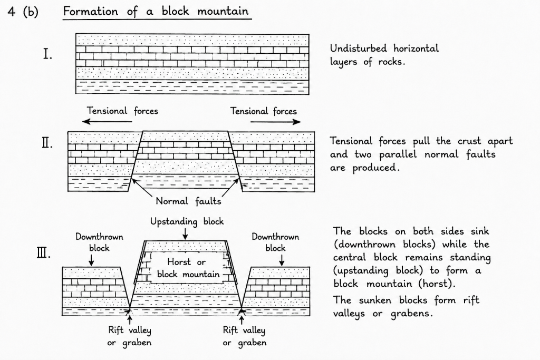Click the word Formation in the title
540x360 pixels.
point(91,11)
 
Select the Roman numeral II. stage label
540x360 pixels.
point(47,142)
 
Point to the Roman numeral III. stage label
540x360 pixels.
point(44,254)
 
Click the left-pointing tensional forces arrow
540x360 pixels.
point(108,121)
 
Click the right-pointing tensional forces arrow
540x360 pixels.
point(275,121)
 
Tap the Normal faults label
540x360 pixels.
point(188,201)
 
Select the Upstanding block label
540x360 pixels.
point(187,221)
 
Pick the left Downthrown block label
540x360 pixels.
point(99,242)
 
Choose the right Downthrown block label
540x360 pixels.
point(275,242)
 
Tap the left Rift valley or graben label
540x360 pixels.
point(130,336)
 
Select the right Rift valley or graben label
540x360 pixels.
point(244,336)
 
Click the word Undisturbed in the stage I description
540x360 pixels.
point(358,48)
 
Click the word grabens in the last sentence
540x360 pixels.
point(411,314)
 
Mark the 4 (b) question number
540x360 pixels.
point(23,12)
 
